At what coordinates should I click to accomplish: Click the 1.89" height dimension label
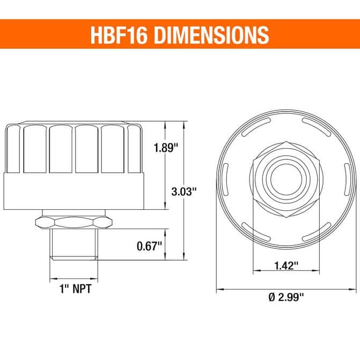point(166,148)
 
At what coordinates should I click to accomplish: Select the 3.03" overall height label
point(184,192)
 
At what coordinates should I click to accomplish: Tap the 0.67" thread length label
point(149,246)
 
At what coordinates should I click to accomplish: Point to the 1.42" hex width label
point(286,266)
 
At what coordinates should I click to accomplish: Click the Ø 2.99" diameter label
point(286,297)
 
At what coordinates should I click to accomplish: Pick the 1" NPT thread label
point(75,289)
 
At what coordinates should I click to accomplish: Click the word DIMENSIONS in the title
point(211,35)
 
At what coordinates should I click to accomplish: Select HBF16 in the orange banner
point(119,35)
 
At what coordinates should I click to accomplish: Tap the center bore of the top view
point(286,179)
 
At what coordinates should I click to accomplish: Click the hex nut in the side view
point(74,222)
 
